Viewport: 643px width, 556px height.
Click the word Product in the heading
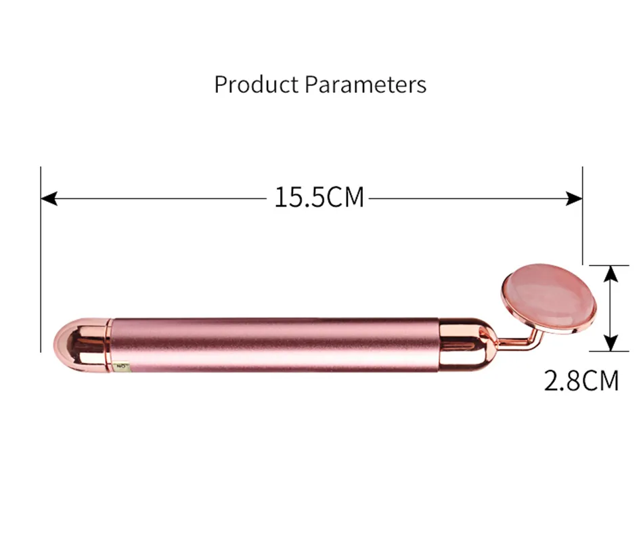click(257, 85)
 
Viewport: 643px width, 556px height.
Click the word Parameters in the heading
click(365, 85)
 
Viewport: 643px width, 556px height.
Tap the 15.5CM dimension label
click(319, 197)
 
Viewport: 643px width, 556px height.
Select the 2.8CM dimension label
click(581, 381)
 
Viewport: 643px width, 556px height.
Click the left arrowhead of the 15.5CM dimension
click(49, 198)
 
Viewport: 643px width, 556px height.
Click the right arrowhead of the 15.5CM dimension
click(574, 198)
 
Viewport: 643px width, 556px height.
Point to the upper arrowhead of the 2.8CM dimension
click(611, 274)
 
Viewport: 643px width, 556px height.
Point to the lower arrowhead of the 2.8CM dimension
click(611, 343)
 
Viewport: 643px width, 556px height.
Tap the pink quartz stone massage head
click(550, 297)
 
